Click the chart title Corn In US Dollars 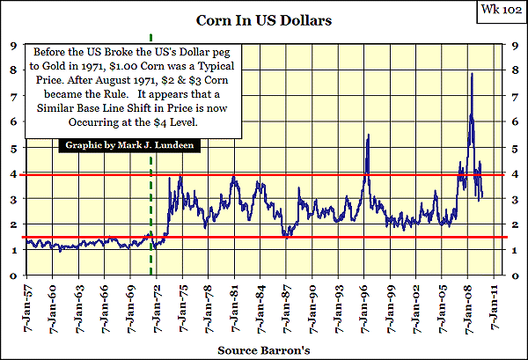pyautogui.click(x=263, y=18)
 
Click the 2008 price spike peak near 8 pyautogui.click(x=472, y=74)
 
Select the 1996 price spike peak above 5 pyautogui.click(x=367, y=135)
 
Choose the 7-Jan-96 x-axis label pyautogui.click(x=366, y=305)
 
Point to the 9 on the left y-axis pyautogui.click(x=11, y=46)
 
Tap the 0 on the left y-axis pyautogui.click(x=11, y=276)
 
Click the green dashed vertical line pyautogui.click(x=152, y=211)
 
